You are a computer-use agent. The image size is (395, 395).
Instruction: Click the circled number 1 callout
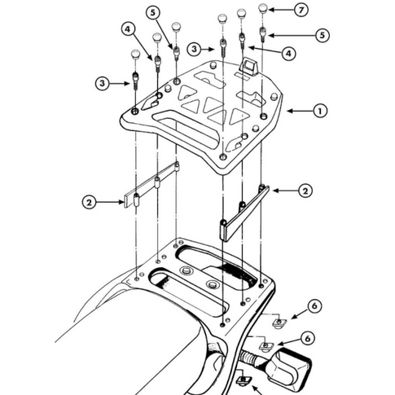[x=320, y=111]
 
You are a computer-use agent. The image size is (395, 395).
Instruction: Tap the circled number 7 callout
[x=301, y=10]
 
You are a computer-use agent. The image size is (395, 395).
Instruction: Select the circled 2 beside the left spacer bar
[x=90, y=202]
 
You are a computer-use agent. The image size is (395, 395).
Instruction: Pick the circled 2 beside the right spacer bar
[x=305, y=191]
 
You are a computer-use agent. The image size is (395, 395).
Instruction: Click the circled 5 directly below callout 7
[x=323, y=35]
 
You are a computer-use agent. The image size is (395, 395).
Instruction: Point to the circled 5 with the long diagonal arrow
[x=153, y=13]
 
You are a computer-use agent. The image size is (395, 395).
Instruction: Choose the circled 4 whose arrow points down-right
[x=128, y=29]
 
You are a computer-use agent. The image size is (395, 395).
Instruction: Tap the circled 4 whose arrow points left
[x=288, y=53]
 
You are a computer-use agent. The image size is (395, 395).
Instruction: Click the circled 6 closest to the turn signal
[x=308, y=338]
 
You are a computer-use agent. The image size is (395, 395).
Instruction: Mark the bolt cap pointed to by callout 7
[x=262, y=8]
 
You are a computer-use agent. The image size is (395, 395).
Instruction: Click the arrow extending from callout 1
[x=300, y=111]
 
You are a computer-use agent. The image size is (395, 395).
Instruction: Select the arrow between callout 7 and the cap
[x=281, y=10]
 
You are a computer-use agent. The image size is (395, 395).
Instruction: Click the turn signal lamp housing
[x=288, y=366]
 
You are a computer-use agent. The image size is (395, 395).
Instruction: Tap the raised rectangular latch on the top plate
[x=249, y=66]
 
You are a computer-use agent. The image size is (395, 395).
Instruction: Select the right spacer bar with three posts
[x=244, y=213]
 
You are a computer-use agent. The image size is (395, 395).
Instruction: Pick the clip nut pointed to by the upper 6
[x=279, y=323]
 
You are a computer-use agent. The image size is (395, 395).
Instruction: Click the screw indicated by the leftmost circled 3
[x=135, y=81]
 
